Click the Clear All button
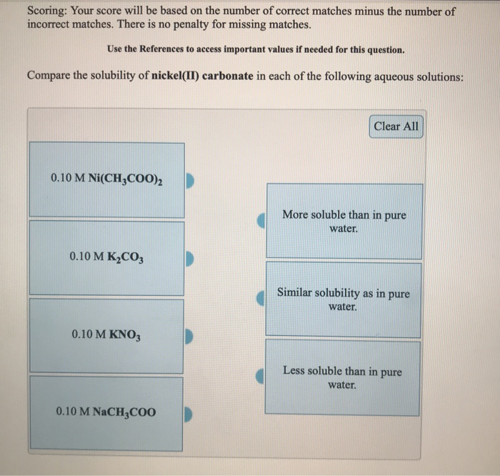pos(396,127)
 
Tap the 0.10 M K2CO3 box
pos(106,256)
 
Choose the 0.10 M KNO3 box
pos(106,334)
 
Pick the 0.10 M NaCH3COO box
pos(106,412)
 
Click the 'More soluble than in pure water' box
pos(344,221)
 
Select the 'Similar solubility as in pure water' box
pos(344,299)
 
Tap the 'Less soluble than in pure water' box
pos(344,377)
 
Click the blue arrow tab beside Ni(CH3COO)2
pos(190,179)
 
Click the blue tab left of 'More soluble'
pos(262,221)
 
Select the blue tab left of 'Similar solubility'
pos(262,299)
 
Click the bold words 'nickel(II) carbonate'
pos(202,76)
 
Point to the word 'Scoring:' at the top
pos(49,12)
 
